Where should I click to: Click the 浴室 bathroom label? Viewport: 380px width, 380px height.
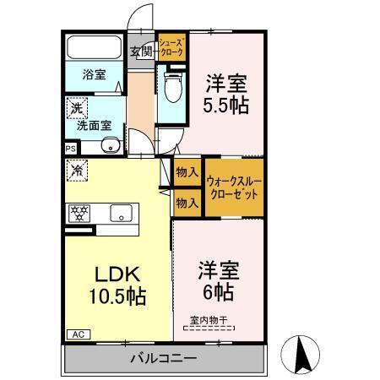pyautogui.click(x=93, y=75)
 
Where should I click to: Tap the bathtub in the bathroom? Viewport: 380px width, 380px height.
pyautogui.click(x=93, y=49)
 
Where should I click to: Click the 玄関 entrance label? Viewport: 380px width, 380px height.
pyautogui.click(x=140, y=52)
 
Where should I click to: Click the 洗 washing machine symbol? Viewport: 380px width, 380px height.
pyautogui.click(x=76, y=108)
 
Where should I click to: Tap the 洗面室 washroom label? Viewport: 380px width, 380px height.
pyautogui.click(x=93, y=126)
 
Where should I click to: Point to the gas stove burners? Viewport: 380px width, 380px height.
pyautogui.click(x=79, y=214)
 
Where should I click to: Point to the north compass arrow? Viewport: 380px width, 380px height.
pyautogui.click(x=301, y=353)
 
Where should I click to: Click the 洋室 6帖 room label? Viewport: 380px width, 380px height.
pyautogui.click(x=218, y=281)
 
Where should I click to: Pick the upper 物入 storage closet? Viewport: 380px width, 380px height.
pyautogui.click(x=187, y=172)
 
